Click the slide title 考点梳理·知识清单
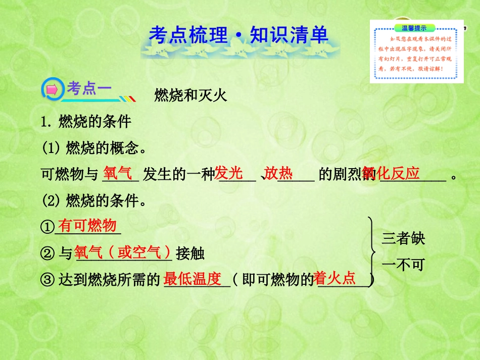click(x=238, y=35)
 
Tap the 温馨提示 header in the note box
click(x=413, y=28)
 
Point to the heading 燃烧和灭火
click(x=190, y=95)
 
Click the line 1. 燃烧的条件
click(x=86, y=122)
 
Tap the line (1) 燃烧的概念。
click(x=94, y=149)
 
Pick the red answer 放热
click(x=278, y=174)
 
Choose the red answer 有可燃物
click(x=87, y=226)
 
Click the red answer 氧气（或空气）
click(x=124, y=252)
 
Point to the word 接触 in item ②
click(x=190, y=253)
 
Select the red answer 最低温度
click(x=193, y=279)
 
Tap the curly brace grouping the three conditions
click(x=372, y=249)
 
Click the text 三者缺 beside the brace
click(x=403, y=238)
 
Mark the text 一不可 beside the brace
click(x=403, y=265)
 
